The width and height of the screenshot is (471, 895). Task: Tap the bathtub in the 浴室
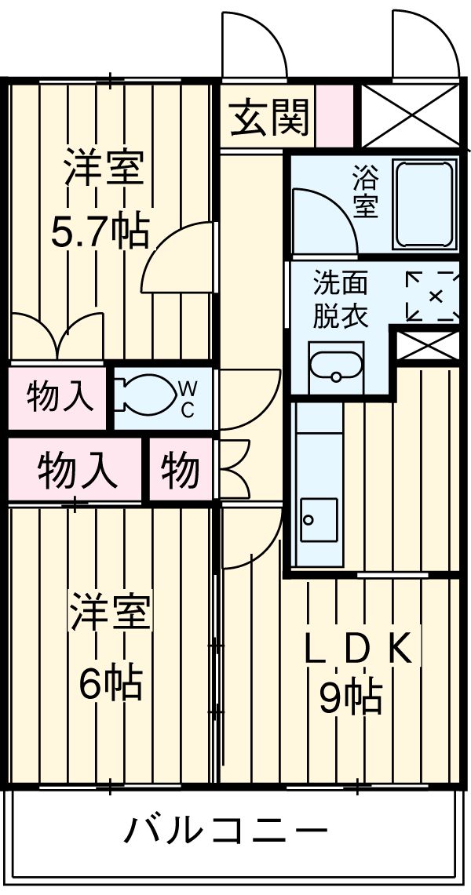click(424, 204)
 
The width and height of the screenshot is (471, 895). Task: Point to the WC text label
click(188, 398)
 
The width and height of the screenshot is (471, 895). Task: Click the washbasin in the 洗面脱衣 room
click(336, 367)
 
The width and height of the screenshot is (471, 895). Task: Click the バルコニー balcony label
click(225, 829)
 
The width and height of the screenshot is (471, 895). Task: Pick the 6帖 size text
click(110, 682)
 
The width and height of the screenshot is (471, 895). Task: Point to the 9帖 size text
click(350, 695)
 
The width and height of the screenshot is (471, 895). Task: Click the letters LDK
click(357, 648)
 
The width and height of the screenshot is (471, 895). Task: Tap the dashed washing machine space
click(433, 296)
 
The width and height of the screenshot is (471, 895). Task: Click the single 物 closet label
click(181, 471)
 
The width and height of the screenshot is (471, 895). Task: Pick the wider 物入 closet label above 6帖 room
click(78, 471)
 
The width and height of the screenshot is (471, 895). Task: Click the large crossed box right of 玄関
click(409, 115)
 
